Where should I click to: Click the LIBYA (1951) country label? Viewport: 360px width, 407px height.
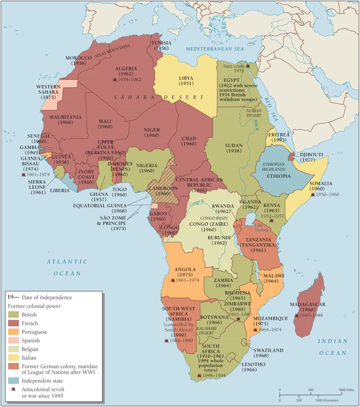(x=186, y=81)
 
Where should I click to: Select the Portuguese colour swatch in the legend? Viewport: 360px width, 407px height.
(x=13, y=332)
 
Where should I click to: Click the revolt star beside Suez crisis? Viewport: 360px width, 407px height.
(x=248, y=65)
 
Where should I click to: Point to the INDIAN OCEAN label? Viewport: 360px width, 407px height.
(x=333, y=347)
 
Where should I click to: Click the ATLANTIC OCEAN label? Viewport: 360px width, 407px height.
(x=66, y=267)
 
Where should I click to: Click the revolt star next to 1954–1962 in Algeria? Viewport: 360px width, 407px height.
(x=114, y=79)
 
